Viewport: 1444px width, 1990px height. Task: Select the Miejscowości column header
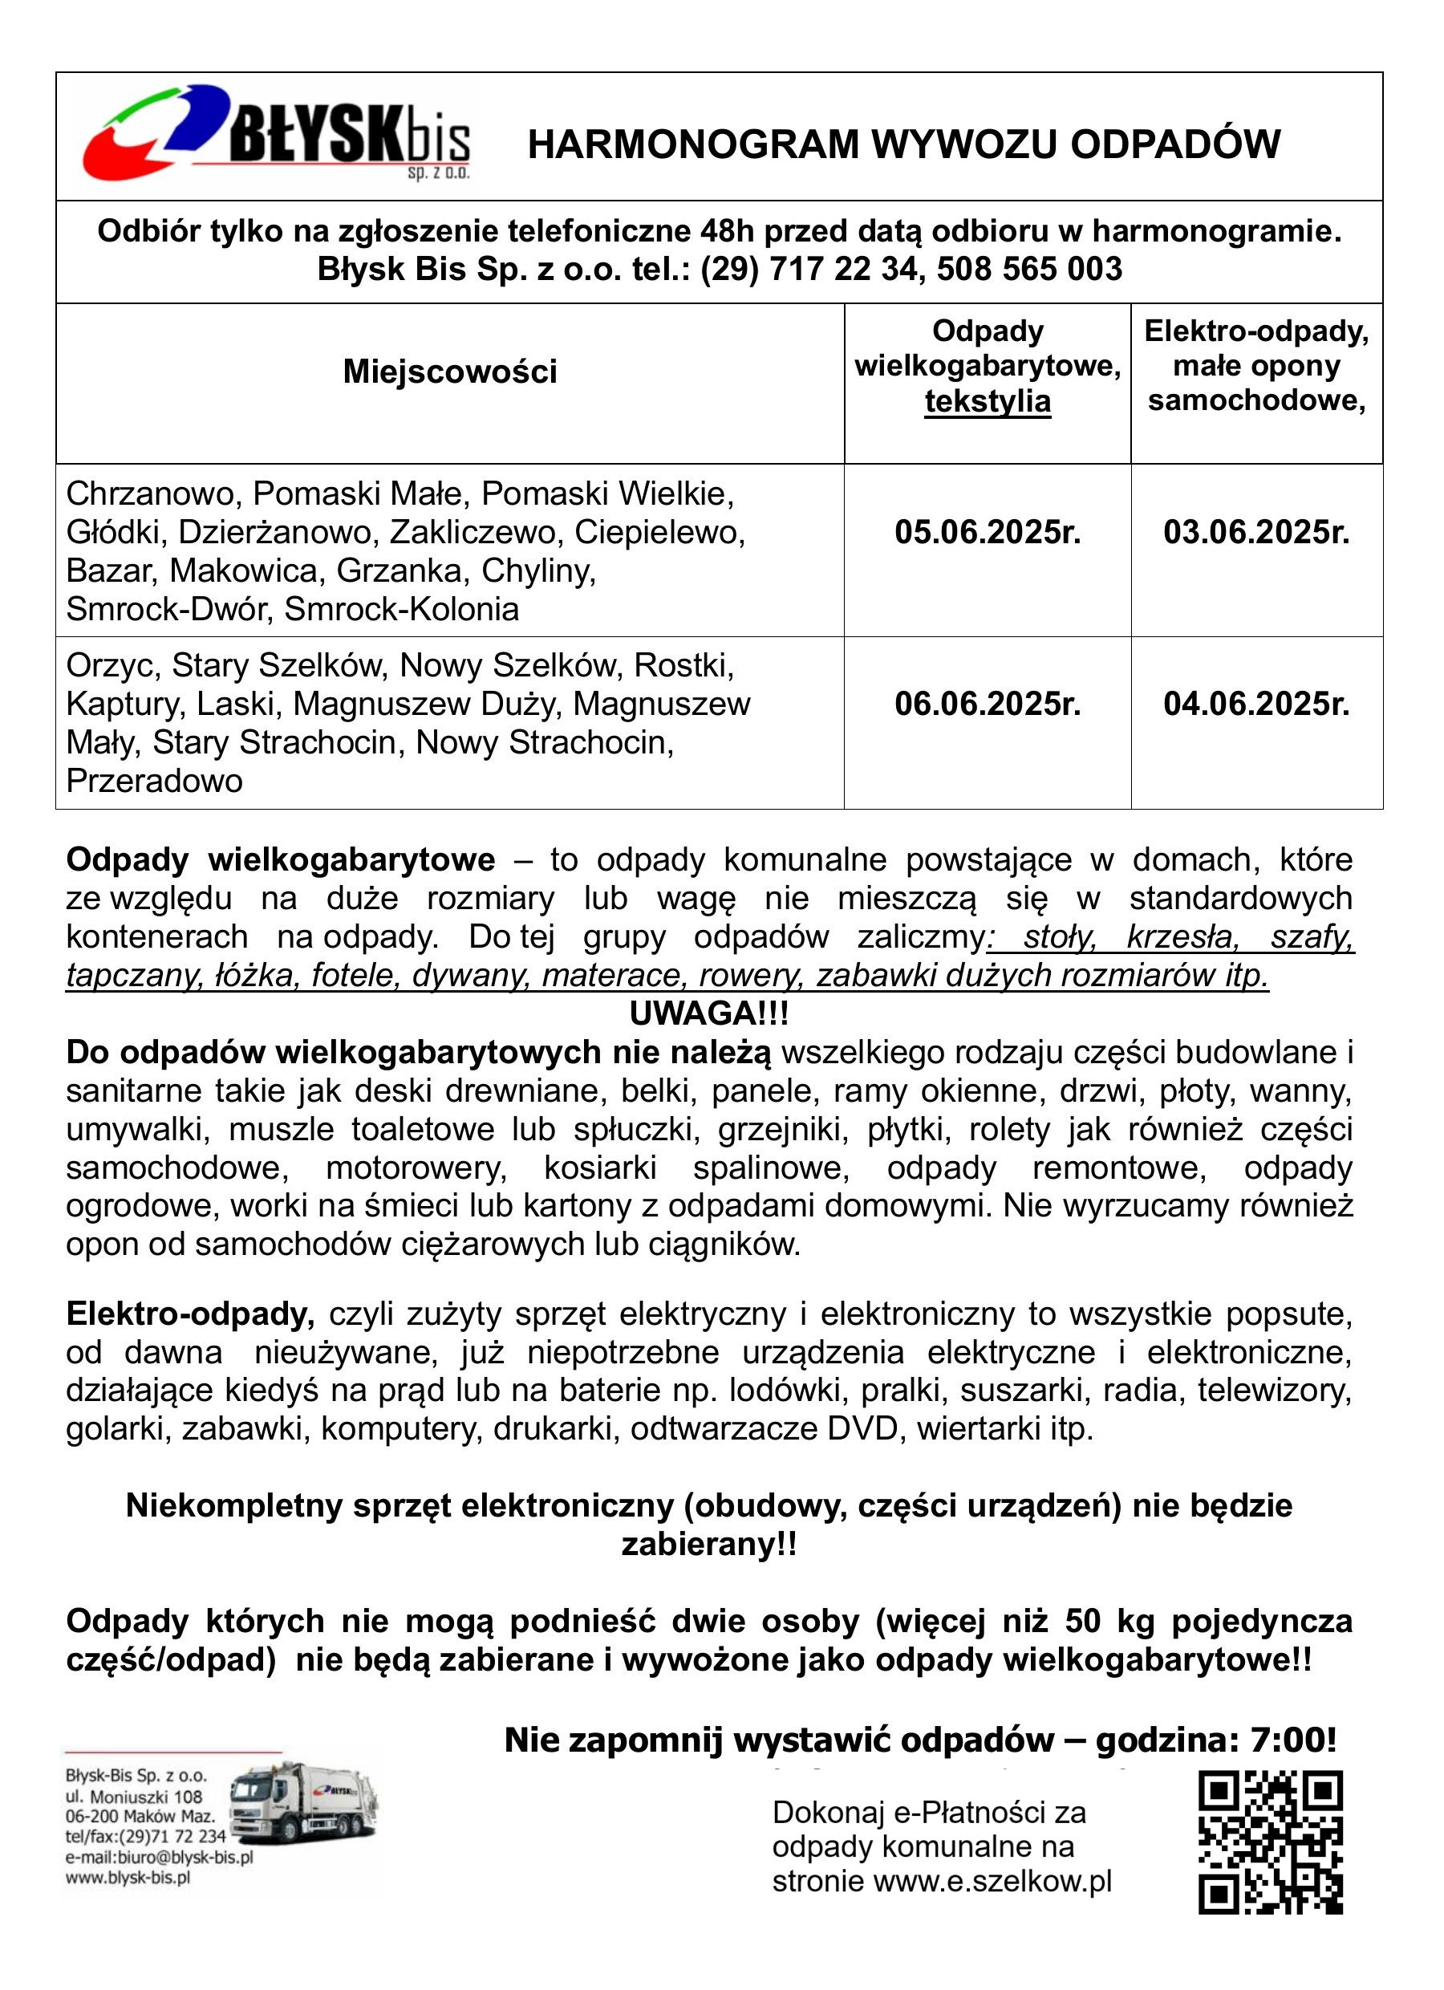point(450,372)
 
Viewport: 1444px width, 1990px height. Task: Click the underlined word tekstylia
point(987,402)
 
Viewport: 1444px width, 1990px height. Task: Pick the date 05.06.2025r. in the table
point(987,533)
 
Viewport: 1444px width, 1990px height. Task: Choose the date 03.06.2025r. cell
point(1256,533)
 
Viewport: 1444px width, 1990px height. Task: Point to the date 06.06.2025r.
point(987,704)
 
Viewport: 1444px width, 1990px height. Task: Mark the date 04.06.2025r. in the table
point(1256,704)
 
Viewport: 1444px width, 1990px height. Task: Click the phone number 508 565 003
point(1029,269)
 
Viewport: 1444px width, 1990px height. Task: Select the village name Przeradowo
point(154,781)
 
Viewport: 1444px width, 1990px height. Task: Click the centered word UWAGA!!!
point(709,1014)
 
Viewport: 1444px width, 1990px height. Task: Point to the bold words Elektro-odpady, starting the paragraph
point(190,1314)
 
